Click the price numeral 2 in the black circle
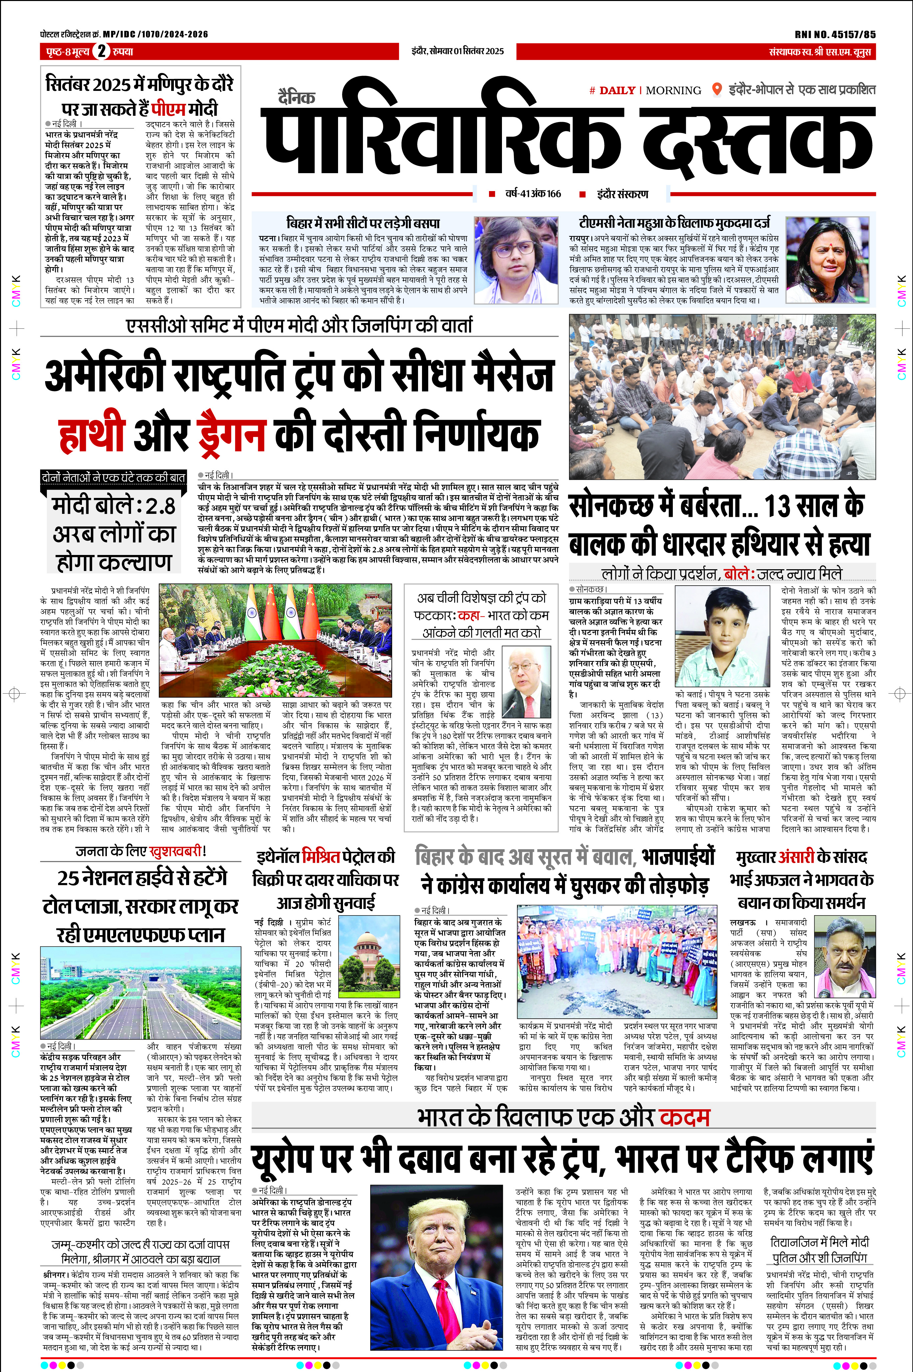pos(102,51)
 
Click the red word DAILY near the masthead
pos(617,90)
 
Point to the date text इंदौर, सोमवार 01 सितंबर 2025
pos(457,51)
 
